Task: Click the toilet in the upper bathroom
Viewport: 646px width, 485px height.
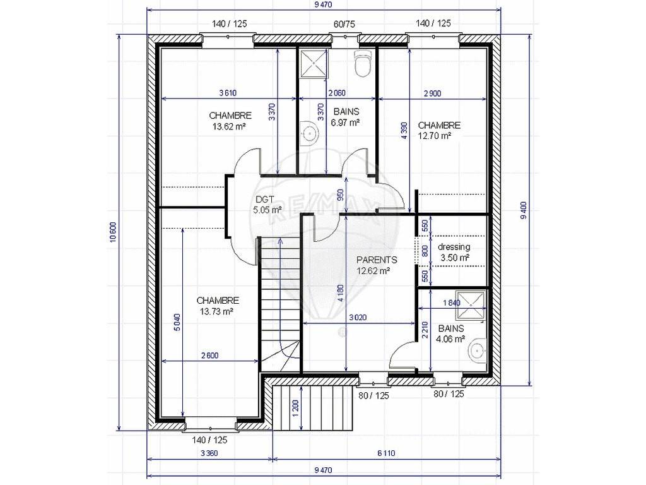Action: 363,63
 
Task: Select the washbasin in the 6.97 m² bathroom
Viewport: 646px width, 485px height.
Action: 309,132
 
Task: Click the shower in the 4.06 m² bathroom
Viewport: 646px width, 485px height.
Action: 471,306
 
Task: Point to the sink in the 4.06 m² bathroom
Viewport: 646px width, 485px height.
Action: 478,350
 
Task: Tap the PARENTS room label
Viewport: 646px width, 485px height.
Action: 377,260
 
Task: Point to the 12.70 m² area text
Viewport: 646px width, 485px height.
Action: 435,136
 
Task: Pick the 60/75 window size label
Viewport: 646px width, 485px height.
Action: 344,25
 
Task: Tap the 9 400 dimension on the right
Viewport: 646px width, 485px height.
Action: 524,210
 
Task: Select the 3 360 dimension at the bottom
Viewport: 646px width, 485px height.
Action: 209,453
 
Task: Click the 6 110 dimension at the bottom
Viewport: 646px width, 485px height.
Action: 386,453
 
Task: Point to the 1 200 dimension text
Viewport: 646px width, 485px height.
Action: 295,409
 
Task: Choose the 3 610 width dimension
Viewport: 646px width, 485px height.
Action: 228,93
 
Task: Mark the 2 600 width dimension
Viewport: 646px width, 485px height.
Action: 209,355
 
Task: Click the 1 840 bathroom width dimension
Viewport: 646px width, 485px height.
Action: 452,302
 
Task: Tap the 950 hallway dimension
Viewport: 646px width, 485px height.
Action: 340,195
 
